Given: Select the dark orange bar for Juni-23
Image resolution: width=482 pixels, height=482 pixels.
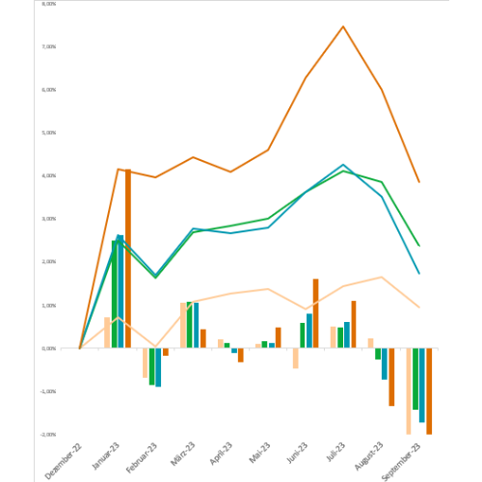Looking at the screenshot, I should point(315,313).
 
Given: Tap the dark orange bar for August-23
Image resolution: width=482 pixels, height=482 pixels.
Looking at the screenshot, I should point(391,377).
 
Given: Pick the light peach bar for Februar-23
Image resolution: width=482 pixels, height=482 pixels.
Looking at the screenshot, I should point(145,362).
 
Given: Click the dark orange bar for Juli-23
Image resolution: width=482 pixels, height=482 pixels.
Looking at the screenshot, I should point(353,325).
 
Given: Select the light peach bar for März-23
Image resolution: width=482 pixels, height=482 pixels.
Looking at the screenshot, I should point(182,325).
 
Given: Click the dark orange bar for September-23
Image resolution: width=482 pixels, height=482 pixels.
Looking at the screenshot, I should point(429,390).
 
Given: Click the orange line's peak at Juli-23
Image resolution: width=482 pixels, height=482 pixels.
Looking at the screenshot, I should point(343,26).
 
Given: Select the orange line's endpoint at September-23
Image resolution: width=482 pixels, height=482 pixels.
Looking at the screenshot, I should point(418,181).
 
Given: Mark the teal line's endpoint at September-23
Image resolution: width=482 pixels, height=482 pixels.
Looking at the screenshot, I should point(418,273).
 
